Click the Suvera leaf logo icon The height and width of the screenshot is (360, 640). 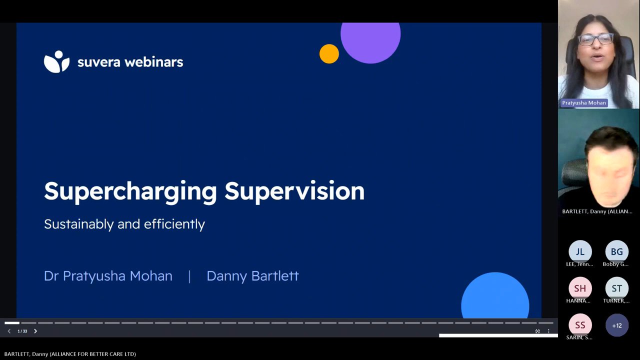(x=56, y=61)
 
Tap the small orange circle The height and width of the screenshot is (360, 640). (x=329, y=53)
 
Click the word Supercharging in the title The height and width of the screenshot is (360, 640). (x=130, y=192)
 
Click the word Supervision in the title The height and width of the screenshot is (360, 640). (x=294, y=191)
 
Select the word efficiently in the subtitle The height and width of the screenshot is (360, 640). (x=174, y=224)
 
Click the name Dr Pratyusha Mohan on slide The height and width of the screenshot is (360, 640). (x=108, y=276)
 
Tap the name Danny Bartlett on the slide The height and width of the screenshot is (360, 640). (x=252, y=276)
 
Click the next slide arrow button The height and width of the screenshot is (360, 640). (x=35, y=331)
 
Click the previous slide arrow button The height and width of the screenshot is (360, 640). (x=9, y=331)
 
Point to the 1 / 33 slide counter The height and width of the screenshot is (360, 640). (x=22, y=331)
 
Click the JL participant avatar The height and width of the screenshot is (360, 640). (x=580, y=251)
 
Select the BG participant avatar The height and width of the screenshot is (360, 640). (x=616, y=251)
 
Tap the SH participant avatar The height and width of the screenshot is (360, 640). (x=580, y=288)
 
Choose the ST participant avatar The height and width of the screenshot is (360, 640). (x=616, y=288)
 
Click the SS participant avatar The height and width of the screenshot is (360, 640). (x=580, y=325)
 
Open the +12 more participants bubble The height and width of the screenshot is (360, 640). (x=617, y=325)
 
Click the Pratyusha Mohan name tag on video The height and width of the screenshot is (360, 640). (x=583, y=103)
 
